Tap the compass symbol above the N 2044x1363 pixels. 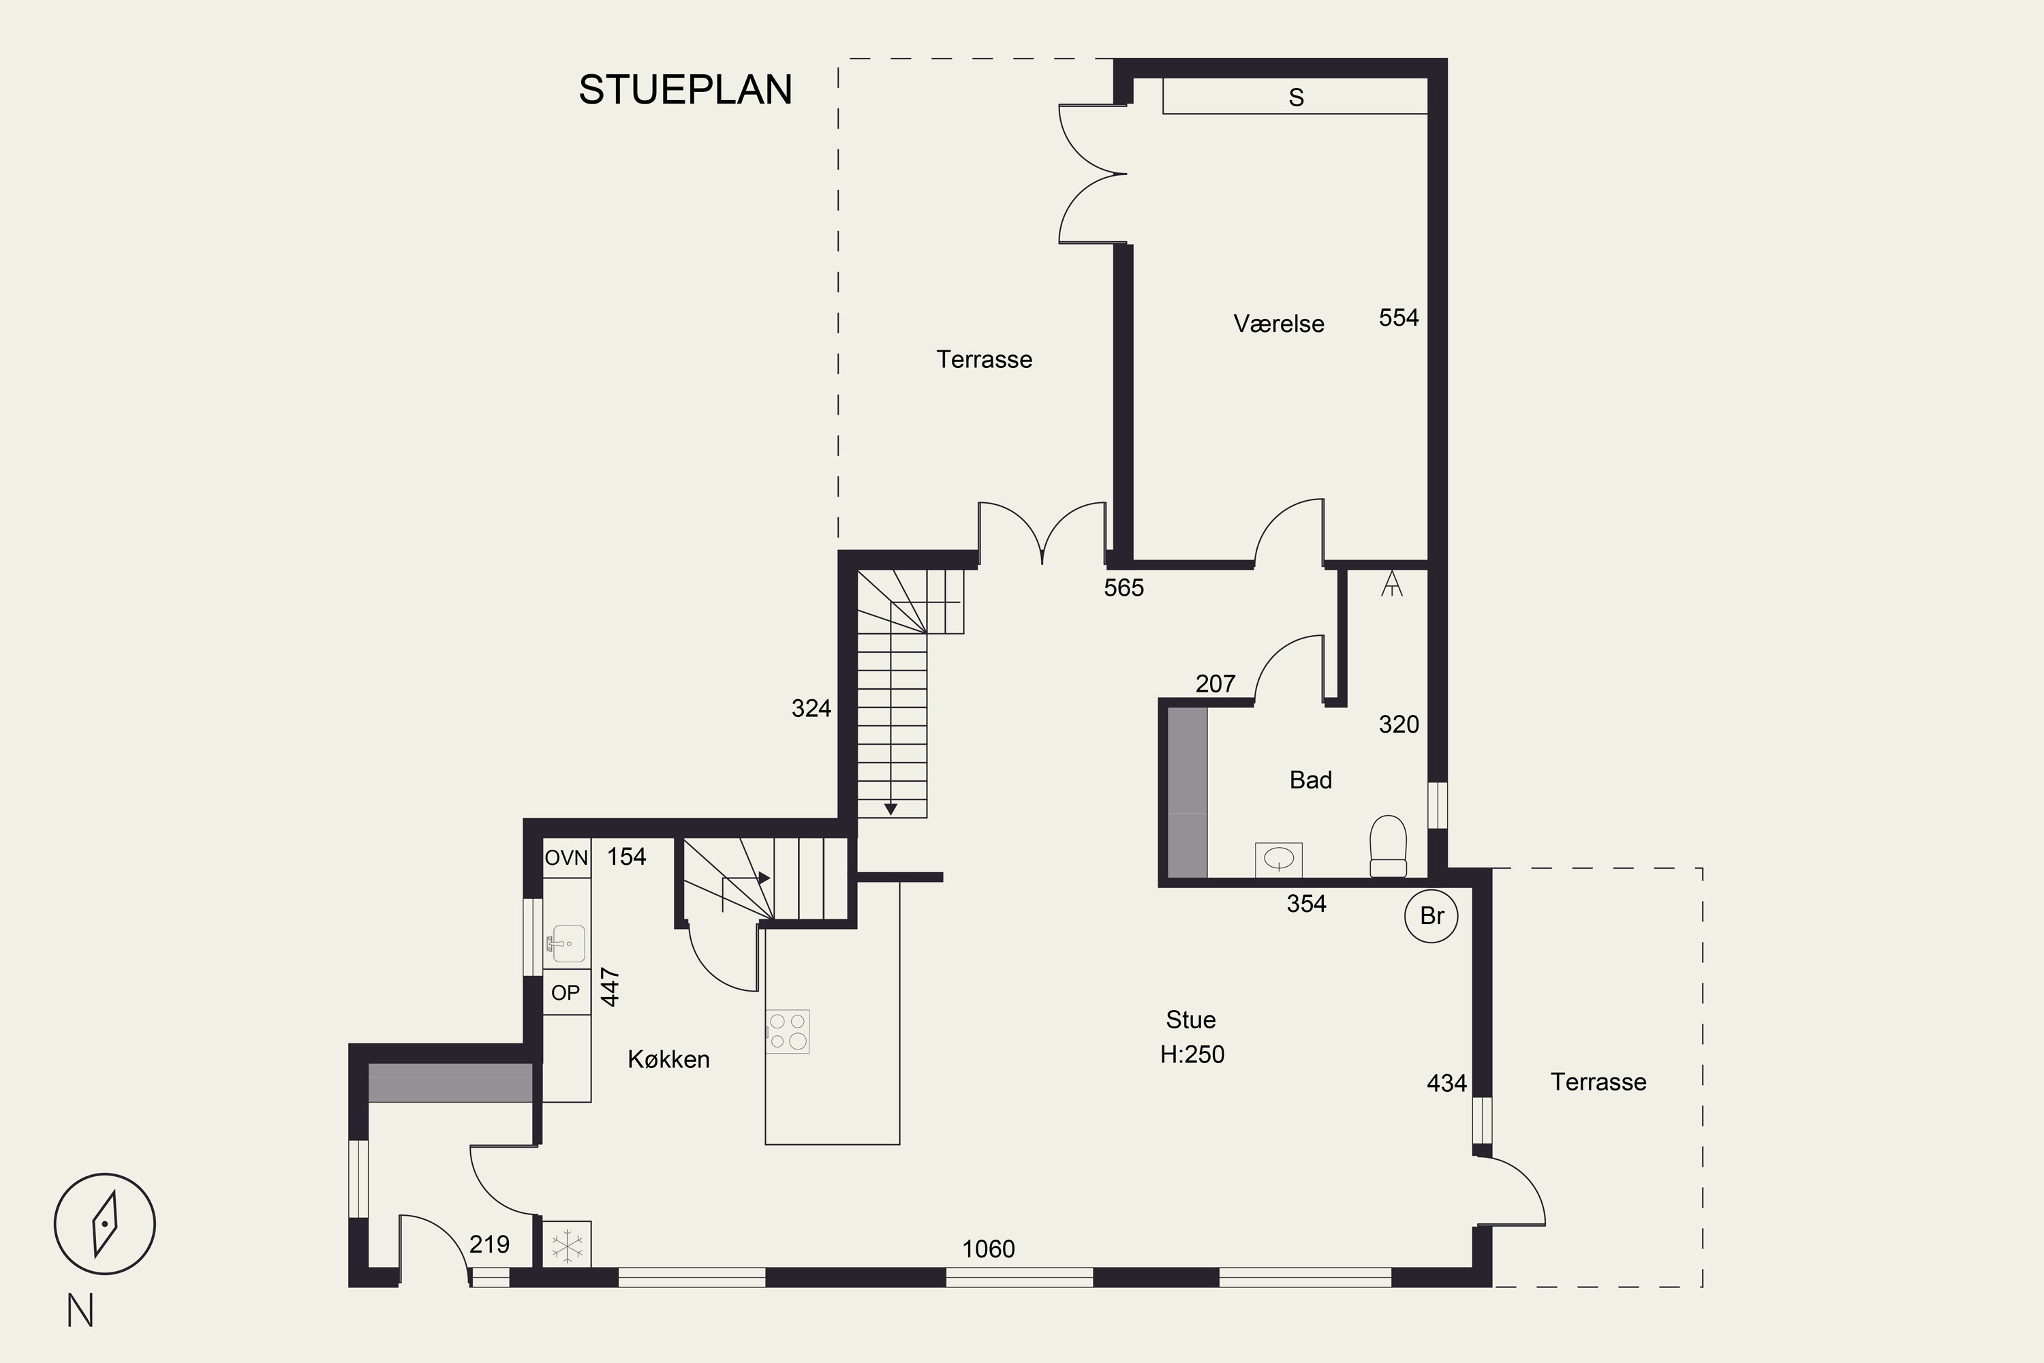104,1223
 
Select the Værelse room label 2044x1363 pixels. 1278,323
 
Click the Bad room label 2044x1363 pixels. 1310,780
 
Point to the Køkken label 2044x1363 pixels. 668,1059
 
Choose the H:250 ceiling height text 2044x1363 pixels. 1192,1054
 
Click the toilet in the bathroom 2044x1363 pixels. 1388,846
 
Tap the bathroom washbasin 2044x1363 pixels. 1278,859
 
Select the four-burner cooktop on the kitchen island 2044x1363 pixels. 788,1031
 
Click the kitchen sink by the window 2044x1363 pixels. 566,944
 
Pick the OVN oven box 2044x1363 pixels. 567,858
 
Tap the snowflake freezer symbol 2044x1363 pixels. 568,1246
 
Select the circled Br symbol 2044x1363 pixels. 1431,915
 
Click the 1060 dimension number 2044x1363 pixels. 988,1249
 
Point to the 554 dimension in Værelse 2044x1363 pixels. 1398,318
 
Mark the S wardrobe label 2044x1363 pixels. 1296,97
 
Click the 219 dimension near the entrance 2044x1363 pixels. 489,1245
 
